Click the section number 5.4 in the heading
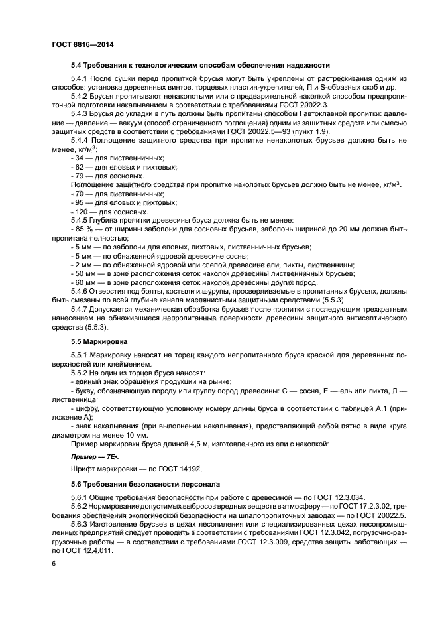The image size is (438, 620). coord(77,65)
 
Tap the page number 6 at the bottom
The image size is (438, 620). coord(53,563)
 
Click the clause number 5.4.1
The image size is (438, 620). coord(80,78)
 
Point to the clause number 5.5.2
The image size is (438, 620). coord(80,373)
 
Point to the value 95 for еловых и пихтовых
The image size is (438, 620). coord(82,202)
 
